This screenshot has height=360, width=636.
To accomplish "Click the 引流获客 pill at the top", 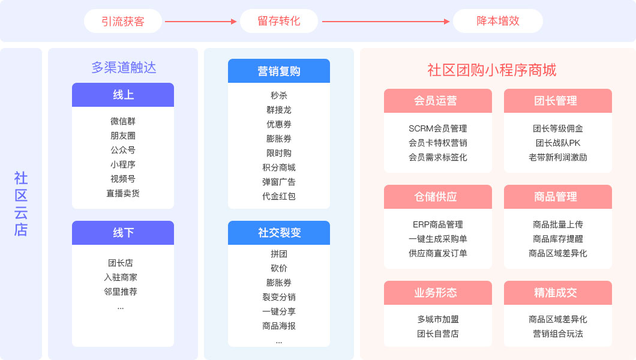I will tap(123, 21).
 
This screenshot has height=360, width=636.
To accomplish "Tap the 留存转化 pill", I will tap(279, 21).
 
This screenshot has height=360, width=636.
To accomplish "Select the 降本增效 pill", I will tap(498, 21).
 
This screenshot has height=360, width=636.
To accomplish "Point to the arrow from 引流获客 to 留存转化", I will tap(200, 22).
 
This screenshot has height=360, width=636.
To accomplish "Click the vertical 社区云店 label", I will tap(21, 204).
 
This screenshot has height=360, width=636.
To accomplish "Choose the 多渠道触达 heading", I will tap(124, 67).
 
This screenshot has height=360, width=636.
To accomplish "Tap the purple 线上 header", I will tap(123, 95).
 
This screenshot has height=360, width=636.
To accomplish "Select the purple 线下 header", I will tap(123, 233).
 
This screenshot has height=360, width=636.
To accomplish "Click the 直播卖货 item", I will tap(123, 193).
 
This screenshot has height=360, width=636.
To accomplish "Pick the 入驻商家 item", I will tap(121, 277).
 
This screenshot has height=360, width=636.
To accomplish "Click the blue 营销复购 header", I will tap(279, 71).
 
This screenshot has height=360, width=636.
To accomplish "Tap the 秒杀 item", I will tap(279, 95).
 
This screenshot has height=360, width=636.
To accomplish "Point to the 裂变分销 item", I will tap(279, 297).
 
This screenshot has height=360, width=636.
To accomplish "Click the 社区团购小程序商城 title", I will tap(492, 70).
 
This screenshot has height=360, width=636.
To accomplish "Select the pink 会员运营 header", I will tap(438, 101).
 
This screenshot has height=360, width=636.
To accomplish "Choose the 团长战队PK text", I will tap(558, 143).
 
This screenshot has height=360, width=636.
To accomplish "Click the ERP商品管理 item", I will tap(438, 224).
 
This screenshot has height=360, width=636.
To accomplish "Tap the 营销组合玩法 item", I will tap(558, 334).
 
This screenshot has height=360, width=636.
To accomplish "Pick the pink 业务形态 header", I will tap(438, 293).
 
